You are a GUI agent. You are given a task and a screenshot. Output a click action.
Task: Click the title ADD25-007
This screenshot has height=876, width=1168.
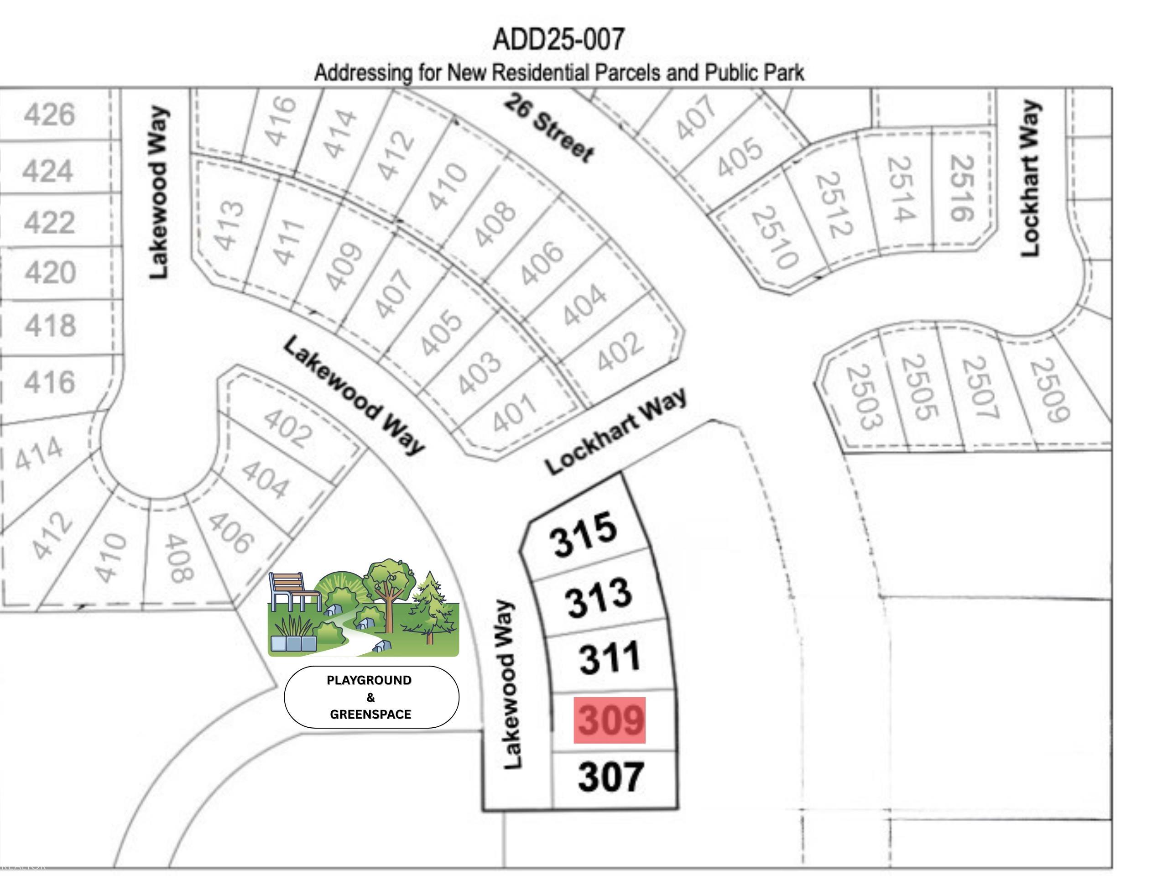pos(558,40)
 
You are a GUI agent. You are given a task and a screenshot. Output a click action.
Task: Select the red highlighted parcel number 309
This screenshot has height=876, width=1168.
pos(610,720)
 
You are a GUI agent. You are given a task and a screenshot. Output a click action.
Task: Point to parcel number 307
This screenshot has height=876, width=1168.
pos(611,776)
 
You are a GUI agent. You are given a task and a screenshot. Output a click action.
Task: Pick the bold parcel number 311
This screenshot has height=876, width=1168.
pos(610,658)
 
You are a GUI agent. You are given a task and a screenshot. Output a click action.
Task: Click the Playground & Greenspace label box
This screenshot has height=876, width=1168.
pos(371,697)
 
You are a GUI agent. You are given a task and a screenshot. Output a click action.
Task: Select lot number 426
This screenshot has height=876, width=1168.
pos(50,115)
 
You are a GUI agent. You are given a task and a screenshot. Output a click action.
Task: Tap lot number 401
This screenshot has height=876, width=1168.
pos(515,413)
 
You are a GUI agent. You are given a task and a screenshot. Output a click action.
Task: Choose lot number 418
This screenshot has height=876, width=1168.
pos(51,325)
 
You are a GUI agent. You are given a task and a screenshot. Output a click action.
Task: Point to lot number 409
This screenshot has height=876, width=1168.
pos(344,266)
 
